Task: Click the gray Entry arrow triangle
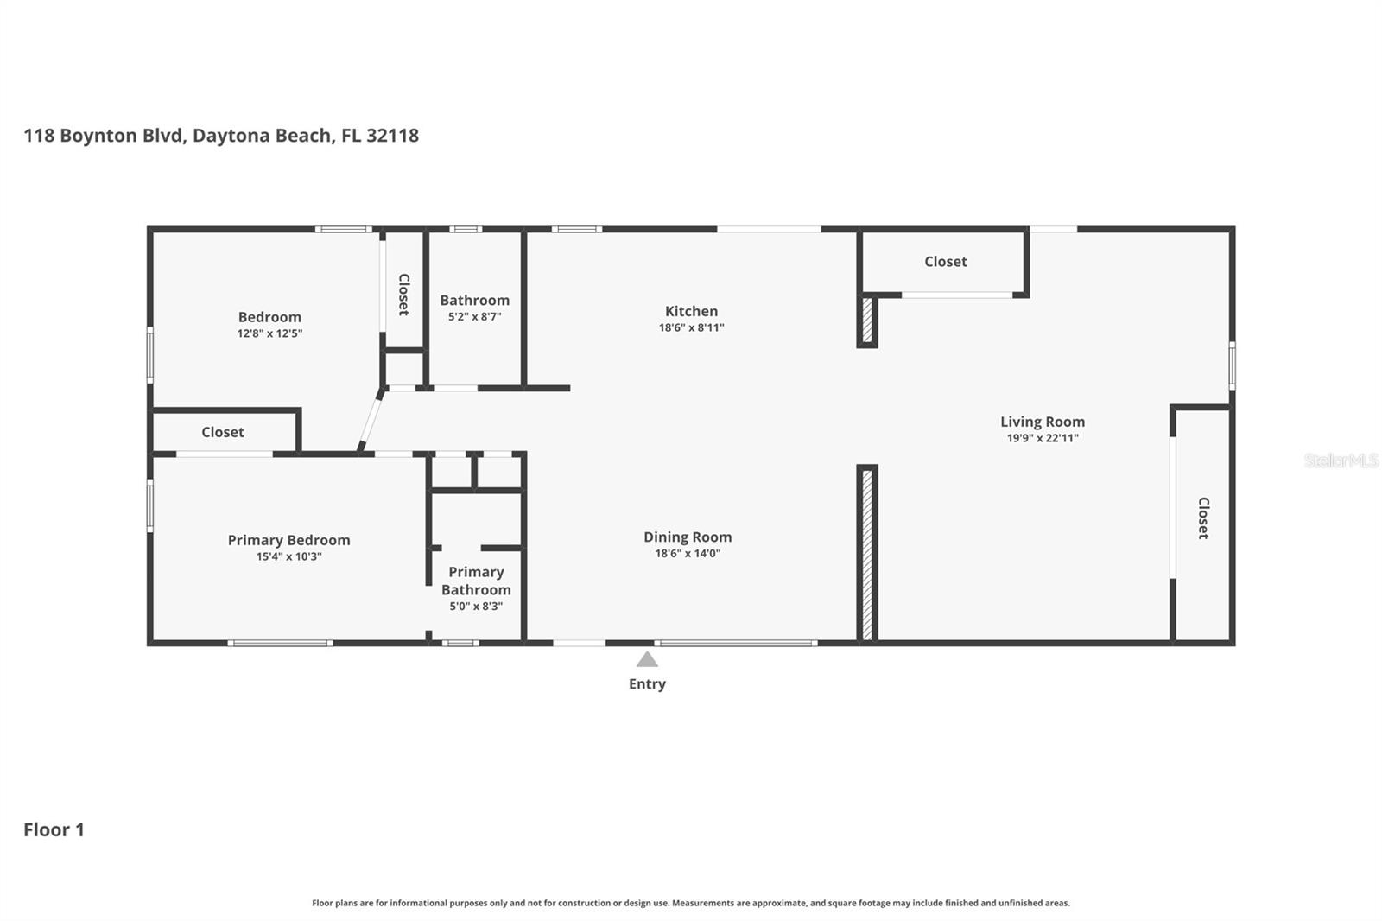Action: (x=647, y=660)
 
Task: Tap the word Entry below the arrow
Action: (x=647, y=684)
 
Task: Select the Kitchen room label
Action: (x=691, y=311)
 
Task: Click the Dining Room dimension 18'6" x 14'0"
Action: (x=688, y=554)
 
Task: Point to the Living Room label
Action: (x=1042, y=422)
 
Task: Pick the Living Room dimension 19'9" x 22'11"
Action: (x=1043, y=438)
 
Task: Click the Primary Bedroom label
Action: (x=288, y=541)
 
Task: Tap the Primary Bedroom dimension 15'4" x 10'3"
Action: (x=288, y=556)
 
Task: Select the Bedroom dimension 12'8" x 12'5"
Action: (x=269, y=333)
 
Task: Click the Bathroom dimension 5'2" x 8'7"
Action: (x=474, y=317)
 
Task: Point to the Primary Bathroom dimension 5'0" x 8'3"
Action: (x=476, y=607)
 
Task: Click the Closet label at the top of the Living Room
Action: (x=945, y=262)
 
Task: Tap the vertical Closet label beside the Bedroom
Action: (x=404, y=295)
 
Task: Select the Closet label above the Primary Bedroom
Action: (x=223, y=432)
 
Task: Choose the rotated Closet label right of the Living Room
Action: (x=1203, y=518)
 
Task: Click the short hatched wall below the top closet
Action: (x=867, y=320)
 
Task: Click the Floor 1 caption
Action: (x=54, y=829)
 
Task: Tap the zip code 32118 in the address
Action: (x=392, y=135)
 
